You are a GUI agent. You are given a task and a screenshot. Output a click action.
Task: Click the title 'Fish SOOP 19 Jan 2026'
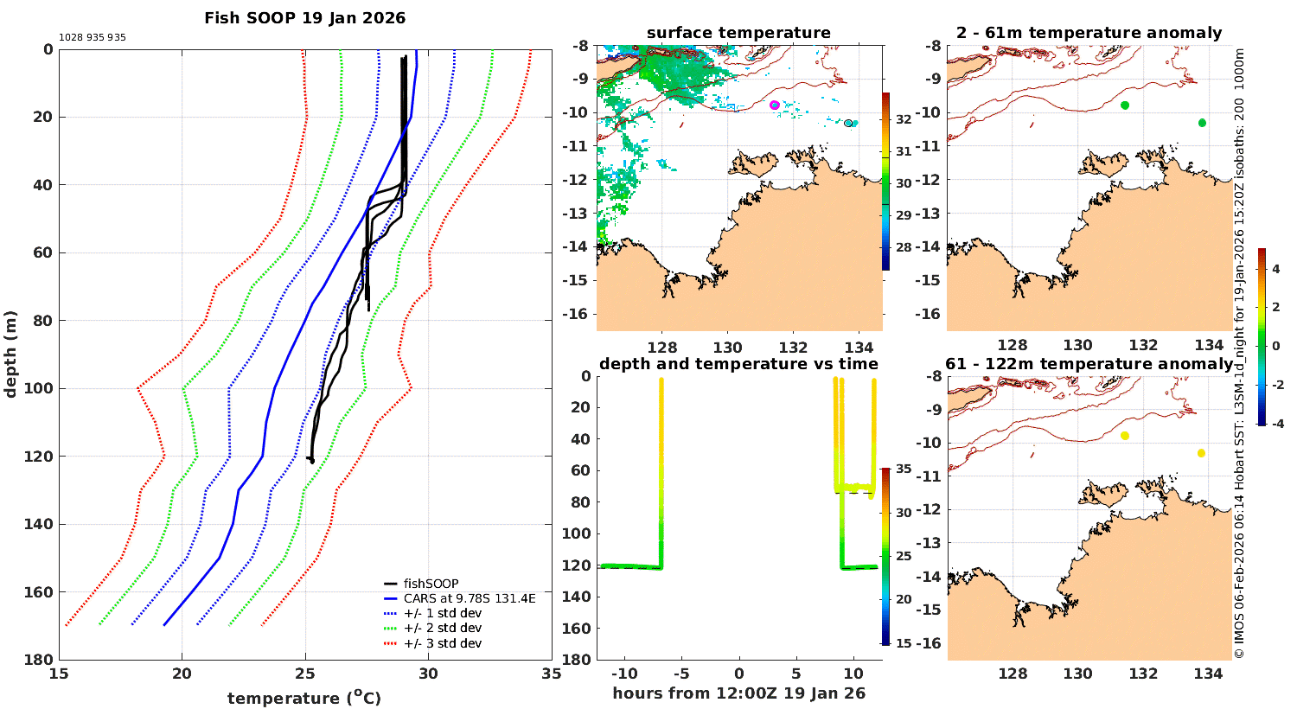pos(304,18)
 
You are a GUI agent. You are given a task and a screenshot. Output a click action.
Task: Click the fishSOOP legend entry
pos(431,584)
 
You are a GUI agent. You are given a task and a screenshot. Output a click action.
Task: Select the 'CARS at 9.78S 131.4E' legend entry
pos(469,598)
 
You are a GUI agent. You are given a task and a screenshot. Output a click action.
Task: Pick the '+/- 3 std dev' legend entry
pos(442,643)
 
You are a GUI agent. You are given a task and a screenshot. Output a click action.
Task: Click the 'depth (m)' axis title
pos(10,354)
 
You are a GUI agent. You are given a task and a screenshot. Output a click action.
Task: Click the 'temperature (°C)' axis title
pos(304,698)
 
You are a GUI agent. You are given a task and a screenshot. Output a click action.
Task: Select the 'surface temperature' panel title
pos(738,33)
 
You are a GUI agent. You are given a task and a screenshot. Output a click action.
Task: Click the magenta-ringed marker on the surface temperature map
pos(775,105)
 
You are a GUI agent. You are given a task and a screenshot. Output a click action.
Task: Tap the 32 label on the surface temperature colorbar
pos(904,119)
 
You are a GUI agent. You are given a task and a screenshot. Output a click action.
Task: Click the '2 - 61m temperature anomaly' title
pos(1089,33)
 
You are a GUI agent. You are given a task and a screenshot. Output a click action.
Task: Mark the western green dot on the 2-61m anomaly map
pos(1125,105)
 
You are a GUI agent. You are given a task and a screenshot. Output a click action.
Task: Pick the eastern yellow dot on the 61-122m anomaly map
pos(1202,453)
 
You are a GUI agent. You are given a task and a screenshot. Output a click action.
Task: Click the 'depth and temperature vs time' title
pos(738,364)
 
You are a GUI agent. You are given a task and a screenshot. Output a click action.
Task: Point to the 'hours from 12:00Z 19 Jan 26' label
pos(738,693)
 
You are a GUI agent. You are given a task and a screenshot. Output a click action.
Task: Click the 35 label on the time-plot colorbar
pos(904,469)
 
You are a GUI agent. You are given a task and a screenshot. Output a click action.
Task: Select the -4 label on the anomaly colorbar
pos(1276,424)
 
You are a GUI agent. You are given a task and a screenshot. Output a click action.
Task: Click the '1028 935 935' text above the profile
pos(93,38)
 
